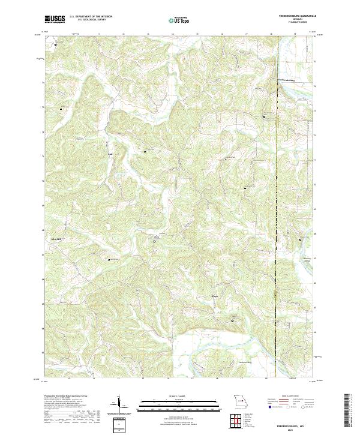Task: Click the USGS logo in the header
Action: tap(55, 19)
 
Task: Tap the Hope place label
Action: tap(214, 295)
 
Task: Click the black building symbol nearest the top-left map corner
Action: tap(57, 44)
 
